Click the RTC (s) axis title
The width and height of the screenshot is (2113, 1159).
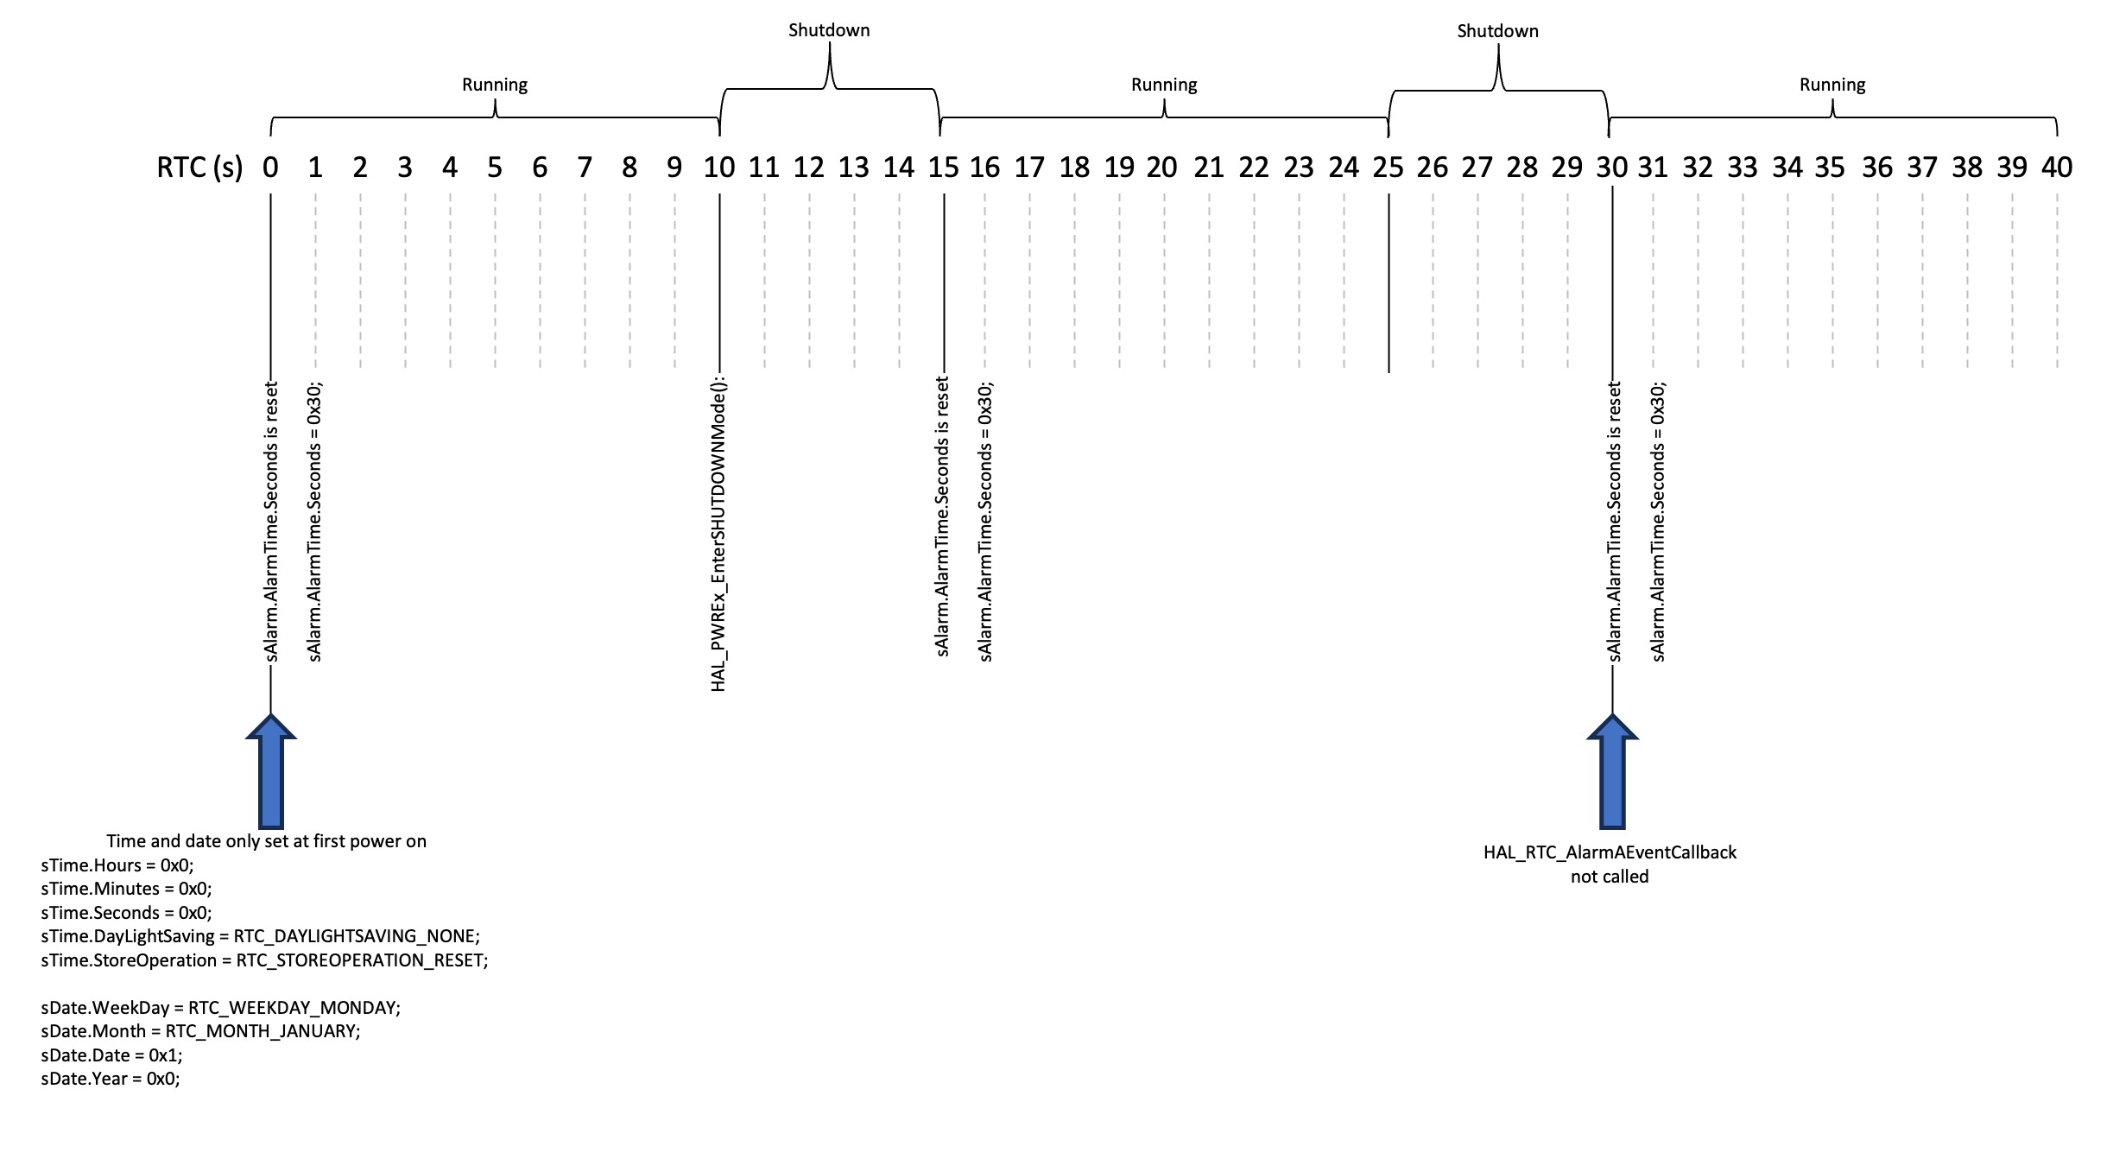pyautogui.click(x=199, y=168)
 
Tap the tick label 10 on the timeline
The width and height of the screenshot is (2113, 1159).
pyautogui.click(x=718, y=168)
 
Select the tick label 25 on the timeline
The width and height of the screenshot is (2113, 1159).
pyautogui.click(x=1388, y=168)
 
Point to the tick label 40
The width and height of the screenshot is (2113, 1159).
pyautogui.click(x=2056, y=168)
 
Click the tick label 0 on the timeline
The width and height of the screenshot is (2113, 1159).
pyautogui.click(x=270, y=168)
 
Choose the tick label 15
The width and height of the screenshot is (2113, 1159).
pyautogui.click(x=943, y=168)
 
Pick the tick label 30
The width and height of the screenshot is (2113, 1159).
pyautogui.click(x=1611, y=168)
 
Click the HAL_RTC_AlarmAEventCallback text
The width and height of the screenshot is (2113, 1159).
pyautogui.click(x=1610, y=852)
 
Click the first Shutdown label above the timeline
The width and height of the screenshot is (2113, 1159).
pyautogui.click(x=829, y=30)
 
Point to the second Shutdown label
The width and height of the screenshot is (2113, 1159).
pyautogui.click(x=1497, y=31)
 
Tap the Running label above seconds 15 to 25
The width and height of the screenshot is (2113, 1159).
pyautogui.click(x=1164, y=85)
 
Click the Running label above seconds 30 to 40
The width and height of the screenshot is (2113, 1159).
pyautogui.click(x=1832, y=85)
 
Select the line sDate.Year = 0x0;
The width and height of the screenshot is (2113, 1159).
pyautogui.click(x=111, y=1079)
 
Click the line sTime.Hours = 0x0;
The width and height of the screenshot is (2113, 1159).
pyautogui.click(x=117, y=865)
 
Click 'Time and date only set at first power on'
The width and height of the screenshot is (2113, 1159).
pyautogui.click(x=266, y=841)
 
